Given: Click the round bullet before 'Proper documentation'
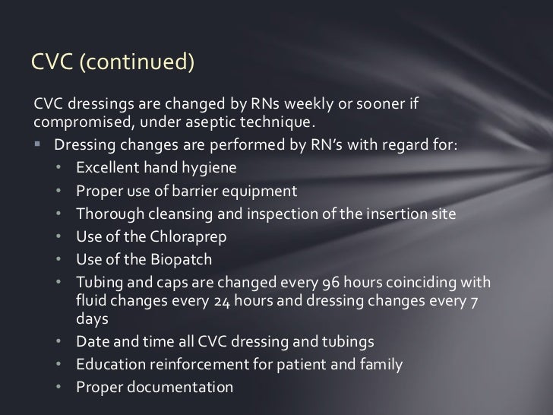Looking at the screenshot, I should click(x=60, y=387).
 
